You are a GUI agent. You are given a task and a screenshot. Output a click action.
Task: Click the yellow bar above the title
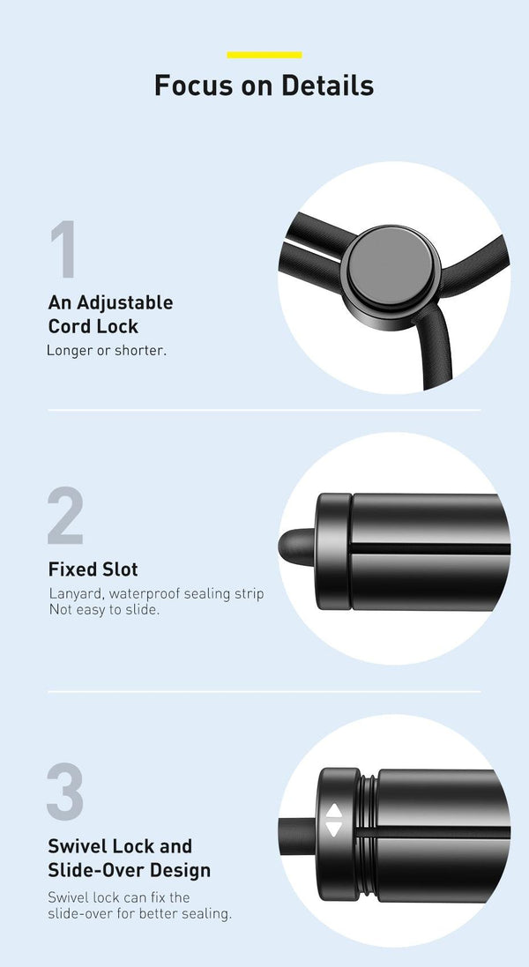[264, 55]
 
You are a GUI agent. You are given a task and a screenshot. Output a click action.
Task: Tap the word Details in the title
[328, 86]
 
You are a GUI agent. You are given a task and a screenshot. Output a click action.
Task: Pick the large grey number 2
[65, 516]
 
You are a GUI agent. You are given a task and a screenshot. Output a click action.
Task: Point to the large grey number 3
[65, 792]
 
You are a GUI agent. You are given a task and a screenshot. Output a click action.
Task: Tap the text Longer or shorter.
[107, 351]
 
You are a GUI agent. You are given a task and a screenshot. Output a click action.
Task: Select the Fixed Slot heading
[93, 569]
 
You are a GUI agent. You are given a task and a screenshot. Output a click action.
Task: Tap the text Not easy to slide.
[103, 610]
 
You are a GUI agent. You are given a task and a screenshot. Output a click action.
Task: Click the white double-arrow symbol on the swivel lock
[333, 821]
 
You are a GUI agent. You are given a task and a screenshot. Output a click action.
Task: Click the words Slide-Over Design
[130, 870]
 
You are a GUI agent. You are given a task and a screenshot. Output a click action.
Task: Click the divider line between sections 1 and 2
[264, 410]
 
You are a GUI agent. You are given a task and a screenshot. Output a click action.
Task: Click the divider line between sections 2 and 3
[264, 691]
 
